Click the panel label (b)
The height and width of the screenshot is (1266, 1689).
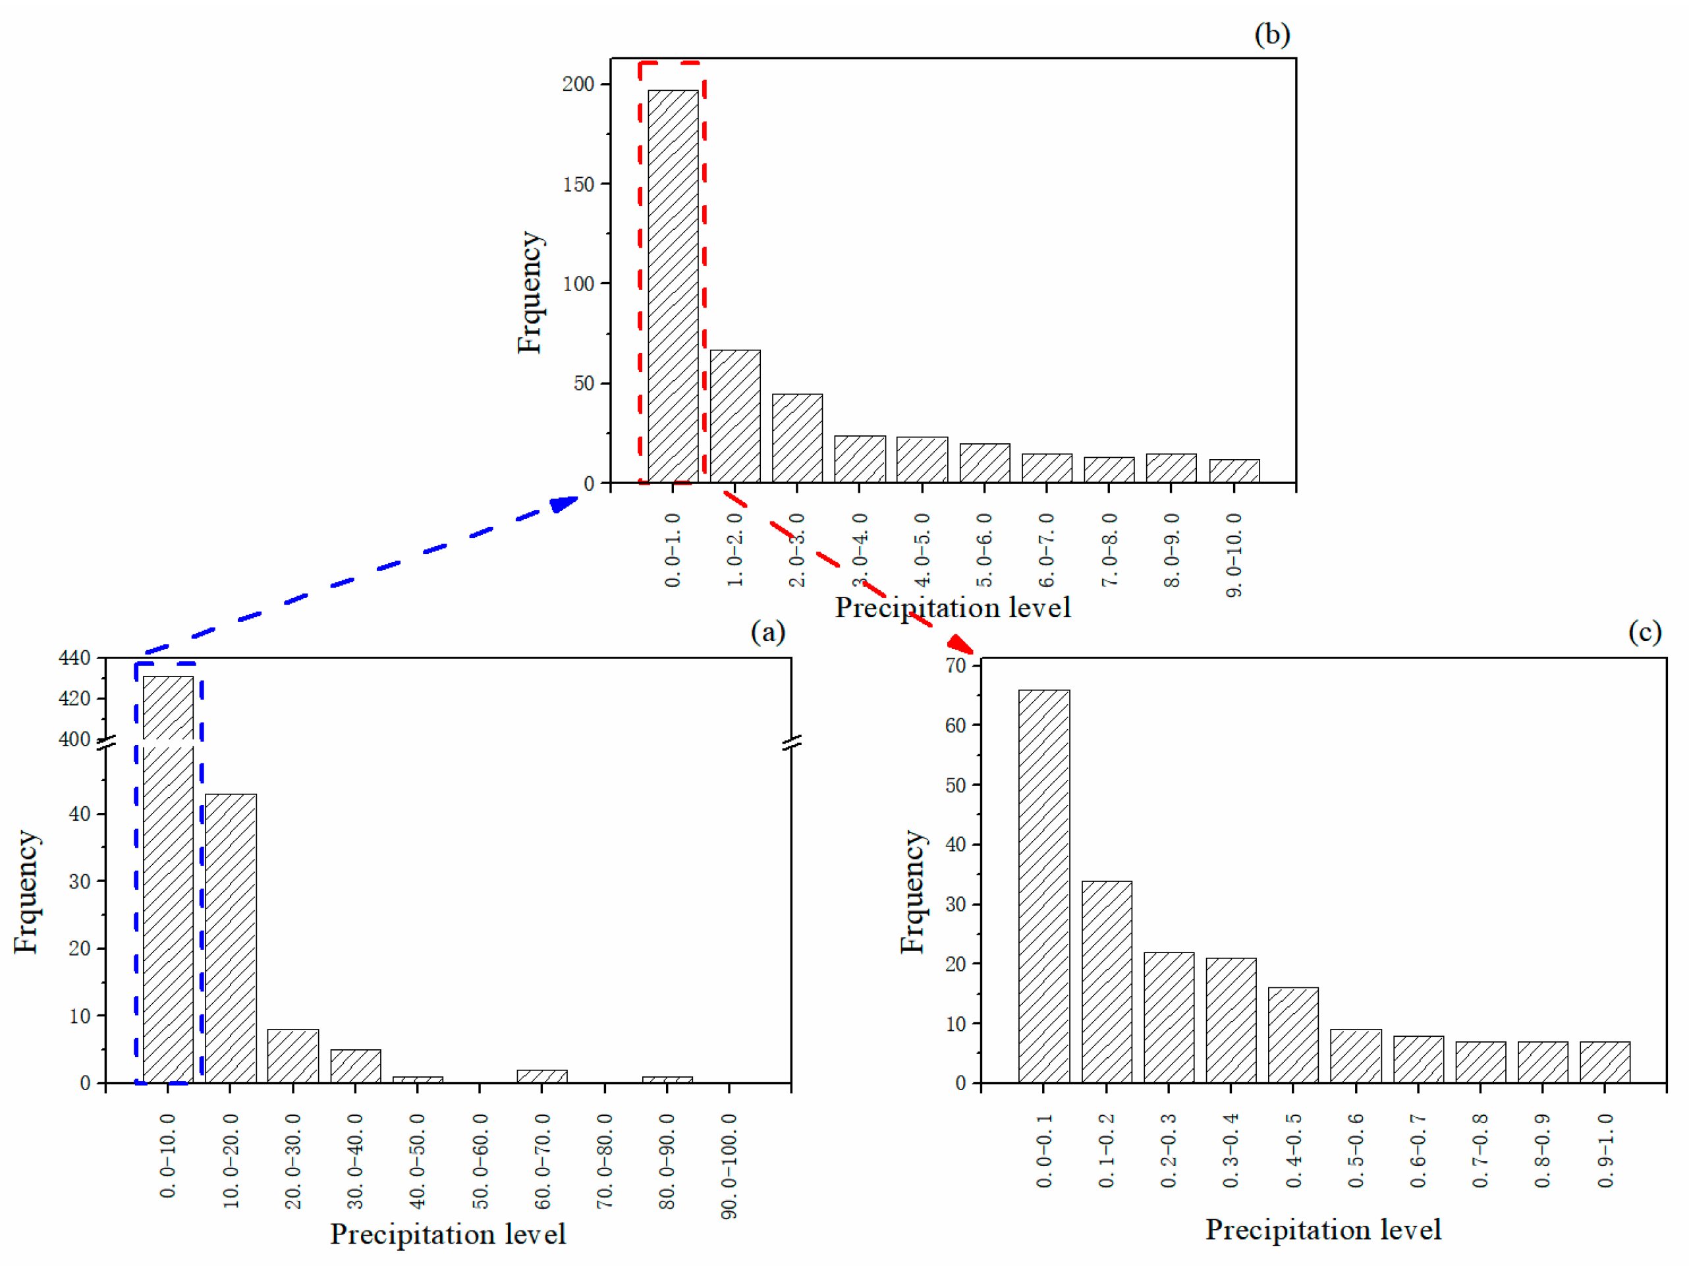1272,34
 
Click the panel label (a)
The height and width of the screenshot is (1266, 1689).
767,632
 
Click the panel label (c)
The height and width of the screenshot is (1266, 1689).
1645,632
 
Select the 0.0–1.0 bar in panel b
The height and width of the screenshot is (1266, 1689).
673,287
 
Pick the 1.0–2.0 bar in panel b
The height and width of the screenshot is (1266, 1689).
734,416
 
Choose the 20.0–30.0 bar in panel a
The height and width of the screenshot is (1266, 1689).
293,1056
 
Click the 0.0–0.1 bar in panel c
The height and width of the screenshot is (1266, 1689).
1044,886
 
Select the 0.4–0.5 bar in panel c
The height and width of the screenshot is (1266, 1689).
1292,1035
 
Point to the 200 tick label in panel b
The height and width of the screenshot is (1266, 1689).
578,84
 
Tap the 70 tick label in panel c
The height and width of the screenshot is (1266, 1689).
955,666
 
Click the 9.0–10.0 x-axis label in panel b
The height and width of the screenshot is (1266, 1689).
1234,555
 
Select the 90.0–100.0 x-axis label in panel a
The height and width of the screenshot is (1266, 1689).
729,1166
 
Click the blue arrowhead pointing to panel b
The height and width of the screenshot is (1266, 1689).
565,504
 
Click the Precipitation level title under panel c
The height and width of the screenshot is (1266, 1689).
1323,1229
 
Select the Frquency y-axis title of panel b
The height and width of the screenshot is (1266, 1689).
529,292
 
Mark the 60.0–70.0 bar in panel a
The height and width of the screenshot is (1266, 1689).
542,1076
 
